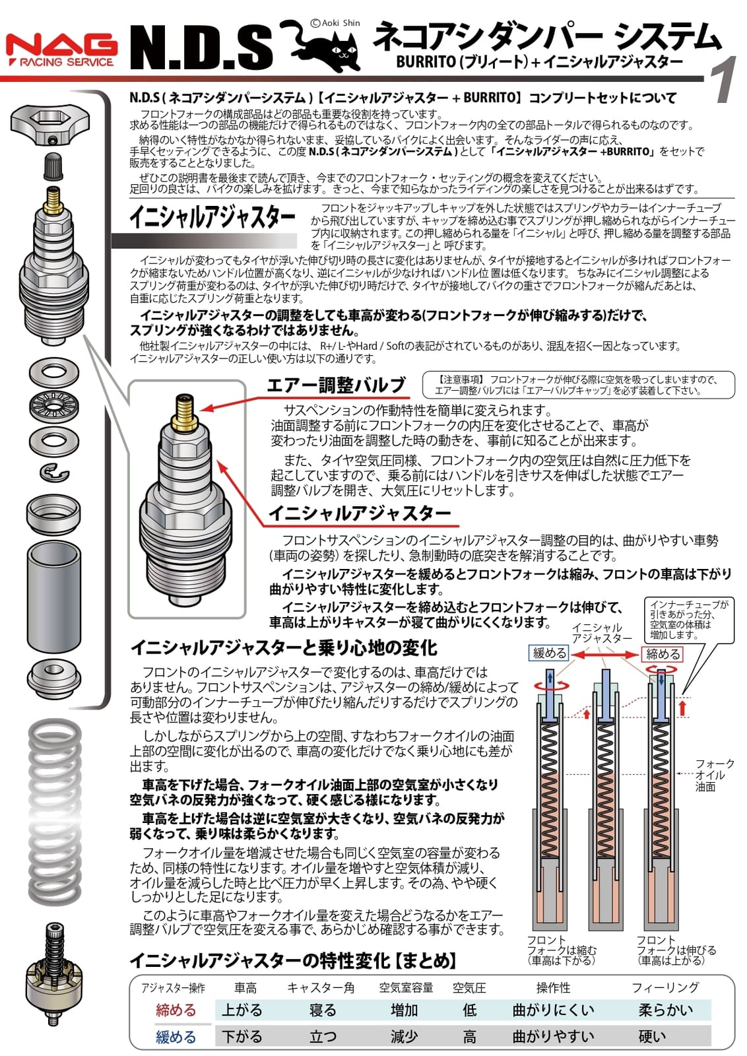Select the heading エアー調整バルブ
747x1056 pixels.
(x=336, y=385)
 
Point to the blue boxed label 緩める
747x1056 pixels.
(x=550, y=653)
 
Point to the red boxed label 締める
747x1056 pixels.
(x=663, y=654)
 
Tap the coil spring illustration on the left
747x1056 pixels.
(x=55, y=812)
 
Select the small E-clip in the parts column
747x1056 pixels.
(x=53, y=473)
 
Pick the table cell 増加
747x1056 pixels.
(x=404, y=1010)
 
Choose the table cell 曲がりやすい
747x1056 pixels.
(x=553, y=1037)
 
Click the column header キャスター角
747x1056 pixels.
(x=321, y=988)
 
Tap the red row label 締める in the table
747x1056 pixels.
(x=176, y=1010)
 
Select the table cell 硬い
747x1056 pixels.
(x=652, y=1037)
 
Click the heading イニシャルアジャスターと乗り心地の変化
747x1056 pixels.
(x=284, y=647)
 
